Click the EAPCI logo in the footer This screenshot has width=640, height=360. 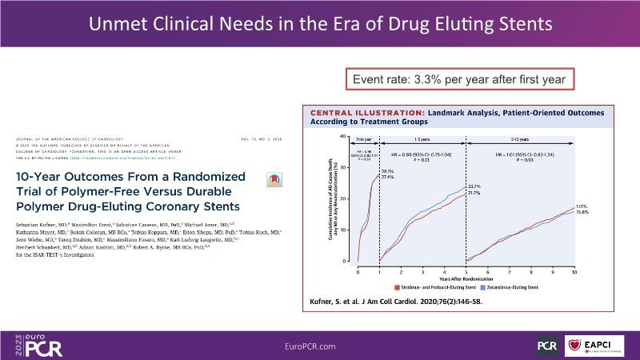click(x=596, y=345)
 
